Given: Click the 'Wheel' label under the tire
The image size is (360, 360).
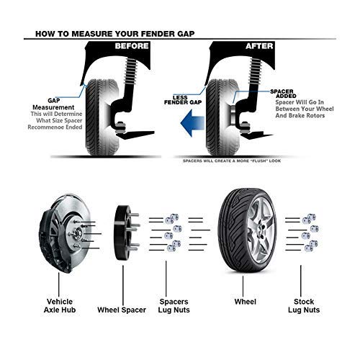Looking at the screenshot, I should tap(246, 302).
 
